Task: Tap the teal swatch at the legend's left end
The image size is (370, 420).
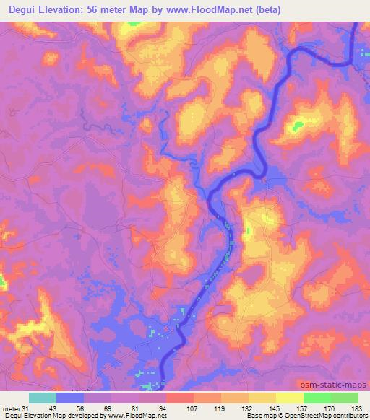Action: click(42, 397)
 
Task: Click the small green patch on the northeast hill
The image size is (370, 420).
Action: click(296, 128)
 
